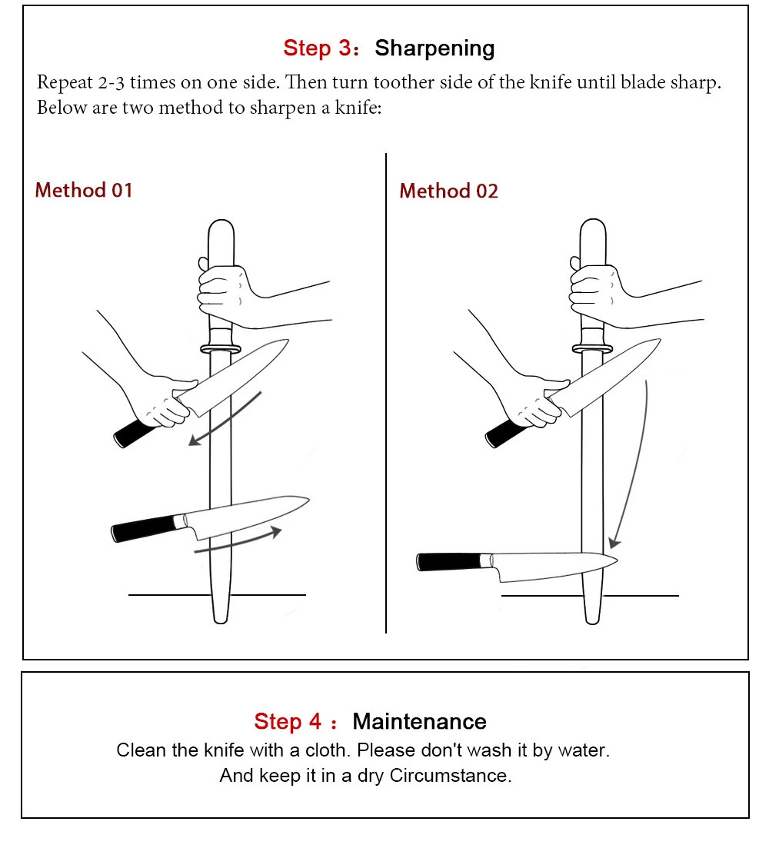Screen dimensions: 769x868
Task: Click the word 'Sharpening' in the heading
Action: (434, 49)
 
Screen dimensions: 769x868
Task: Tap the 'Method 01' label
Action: (84, 190)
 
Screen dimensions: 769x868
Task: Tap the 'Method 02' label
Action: (448, 191)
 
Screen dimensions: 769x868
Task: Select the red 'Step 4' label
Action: (288, 721)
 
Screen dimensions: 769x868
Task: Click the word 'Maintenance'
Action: (419, 721)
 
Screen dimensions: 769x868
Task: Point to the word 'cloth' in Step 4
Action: (327, 750)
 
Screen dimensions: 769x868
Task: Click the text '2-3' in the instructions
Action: (112, 82)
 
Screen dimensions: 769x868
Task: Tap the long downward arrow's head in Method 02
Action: (614, 541)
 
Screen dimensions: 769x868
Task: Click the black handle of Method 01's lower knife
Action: (143, 528)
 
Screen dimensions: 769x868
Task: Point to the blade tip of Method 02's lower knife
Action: (617, 560)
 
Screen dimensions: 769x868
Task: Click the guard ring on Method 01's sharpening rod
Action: (221, 349)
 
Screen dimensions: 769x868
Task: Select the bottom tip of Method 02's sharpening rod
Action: (593, 622)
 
